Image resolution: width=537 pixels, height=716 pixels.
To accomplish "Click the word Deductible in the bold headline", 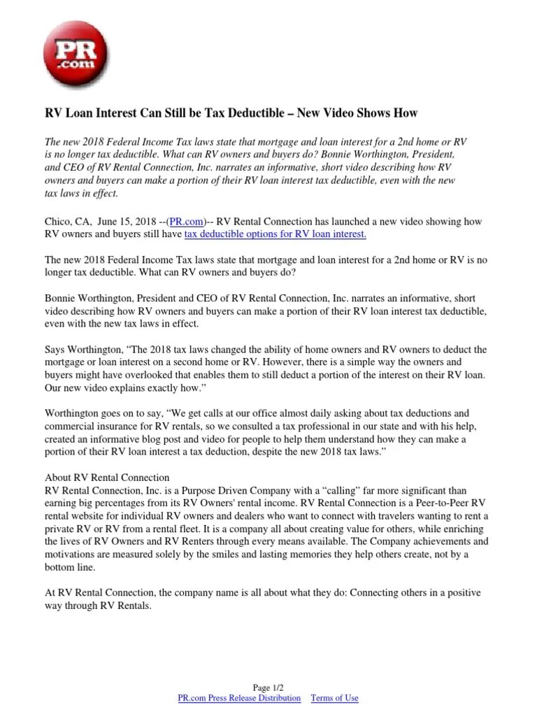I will coord(273,113).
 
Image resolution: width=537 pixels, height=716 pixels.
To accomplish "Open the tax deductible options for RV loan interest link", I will coord(275,234).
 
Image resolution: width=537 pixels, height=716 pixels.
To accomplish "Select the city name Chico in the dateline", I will coord(57,222).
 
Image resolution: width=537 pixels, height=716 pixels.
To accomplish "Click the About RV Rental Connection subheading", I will coord(107,478).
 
